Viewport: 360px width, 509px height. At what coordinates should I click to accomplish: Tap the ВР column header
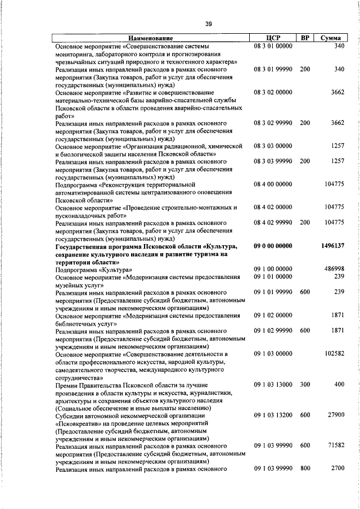[305, 38]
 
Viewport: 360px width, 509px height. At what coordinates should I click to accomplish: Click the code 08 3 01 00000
[273, 46]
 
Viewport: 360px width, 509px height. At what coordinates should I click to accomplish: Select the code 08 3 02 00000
[273, 92]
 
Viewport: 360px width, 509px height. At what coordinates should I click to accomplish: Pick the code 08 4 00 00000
[273, 184]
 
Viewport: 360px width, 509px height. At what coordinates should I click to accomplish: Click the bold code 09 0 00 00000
[273, 246]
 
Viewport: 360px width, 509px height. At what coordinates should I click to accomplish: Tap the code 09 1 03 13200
[273, 416]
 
